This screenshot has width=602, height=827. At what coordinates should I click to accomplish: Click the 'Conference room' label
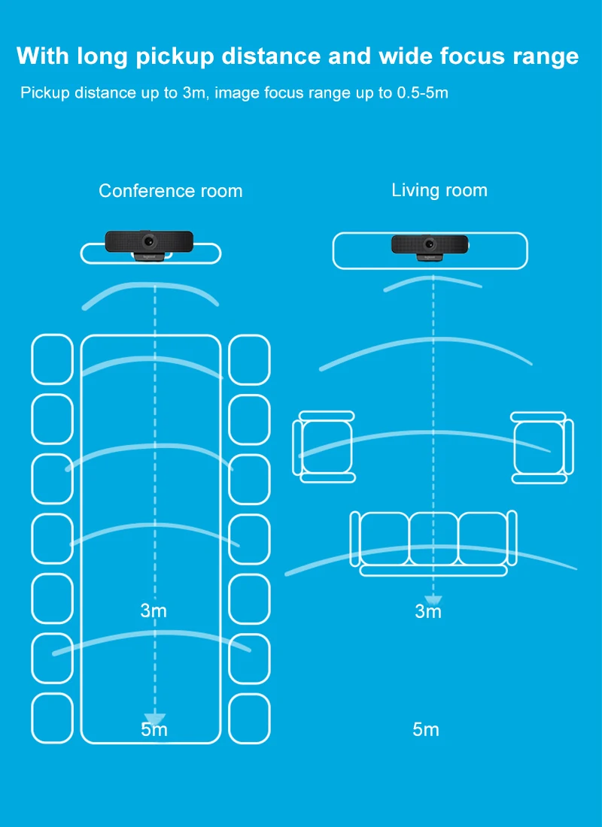[x=171, y=191]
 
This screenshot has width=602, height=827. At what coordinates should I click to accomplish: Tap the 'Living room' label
[x=439, y=190]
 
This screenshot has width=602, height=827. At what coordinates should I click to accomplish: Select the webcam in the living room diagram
[x=430, y=246]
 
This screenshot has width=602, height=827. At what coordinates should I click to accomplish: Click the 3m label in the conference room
[x=154, y=610]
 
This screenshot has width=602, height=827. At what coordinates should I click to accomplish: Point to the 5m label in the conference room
[x=154, y=729]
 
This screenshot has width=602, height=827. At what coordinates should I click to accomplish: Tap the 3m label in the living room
[x=428, y=611]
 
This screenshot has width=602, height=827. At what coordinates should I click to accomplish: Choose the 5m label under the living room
[x=426, y=729]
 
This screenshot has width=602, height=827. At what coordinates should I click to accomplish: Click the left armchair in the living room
[x=324, y=447]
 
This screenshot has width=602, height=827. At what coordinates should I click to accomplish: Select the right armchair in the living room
[x=540, y=447]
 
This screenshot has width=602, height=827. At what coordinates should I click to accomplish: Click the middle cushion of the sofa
[x=433, y=538]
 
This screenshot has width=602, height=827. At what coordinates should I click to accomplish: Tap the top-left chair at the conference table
[x=52, y=359]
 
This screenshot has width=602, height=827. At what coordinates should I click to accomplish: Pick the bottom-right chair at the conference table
[x=249, y=719]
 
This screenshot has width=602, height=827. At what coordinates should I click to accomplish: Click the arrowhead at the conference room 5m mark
[x=154, y=719]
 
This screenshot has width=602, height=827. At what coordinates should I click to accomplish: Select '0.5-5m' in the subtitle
[x=422, y=93]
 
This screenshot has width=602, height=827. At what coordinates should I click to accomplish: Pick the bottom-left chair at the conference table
[x=52, y=719]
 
